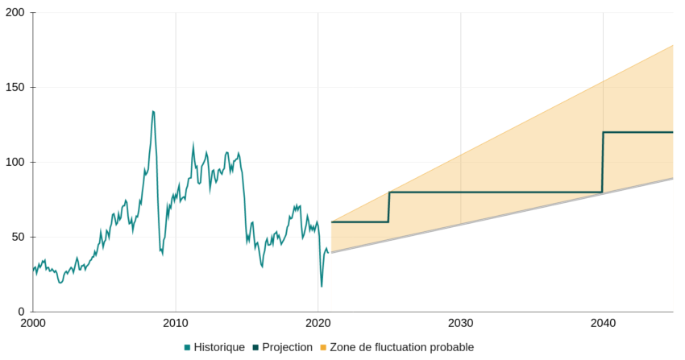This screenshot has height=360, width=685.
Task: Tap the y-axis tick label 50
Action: [18, 237]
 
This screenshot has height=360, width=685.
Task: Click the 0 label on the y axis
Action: [21, 312]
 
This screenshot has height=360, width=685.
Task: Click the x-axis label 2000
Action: [33, 324]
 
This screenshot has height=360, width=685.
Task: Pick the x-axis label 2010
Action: [176, 324]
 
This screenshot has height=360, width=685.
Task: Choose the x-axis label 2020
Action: [318, 324]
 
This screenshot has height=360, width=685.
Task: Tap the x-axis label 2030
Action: [461, 324]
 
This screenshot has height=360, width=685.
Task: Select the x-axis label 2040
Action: [603, 324]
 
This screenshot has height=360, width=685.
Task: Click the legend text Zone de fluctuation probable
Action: [401, 347]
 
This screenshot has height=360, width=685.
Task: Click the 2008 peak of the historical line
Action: [153, 111]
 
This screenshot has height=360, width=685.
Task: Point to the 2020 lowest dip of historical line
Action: [322, 287]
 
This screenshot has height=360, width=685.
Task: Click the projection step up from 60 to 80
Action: [389, 207]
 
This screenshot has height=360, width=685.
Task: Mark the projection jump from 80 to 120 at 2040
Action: [603, 162]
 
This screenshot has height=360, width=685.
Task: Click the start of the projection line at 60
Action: [332, 222]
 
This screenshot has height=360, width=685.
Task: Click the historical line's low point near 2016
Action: [262, 267]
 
